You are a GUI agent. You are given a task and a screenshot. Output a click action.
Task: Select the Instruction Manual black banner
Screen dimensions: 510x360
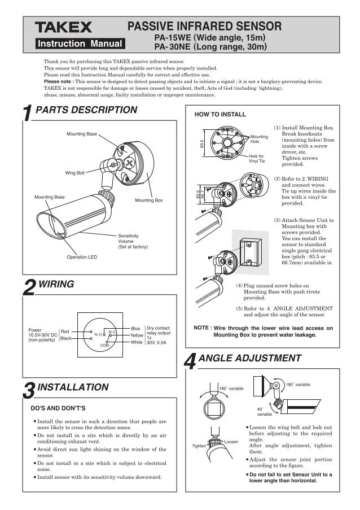click(x=79, y=43)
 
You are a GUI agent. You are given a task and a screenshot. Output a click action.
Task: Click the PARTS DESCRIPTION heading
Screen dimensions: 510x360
click(x=86, y=110)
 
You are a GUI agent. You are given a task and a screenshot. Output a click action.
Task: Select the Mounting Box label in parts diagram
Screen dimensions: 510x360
click(x=148, y=200)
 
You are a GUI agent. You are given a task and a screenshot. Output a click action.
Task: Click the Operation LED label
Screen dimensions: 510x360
click(x=82, y=257)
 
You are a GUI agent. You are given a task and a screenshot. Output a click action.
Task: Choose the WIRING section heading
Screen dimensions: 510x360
click(x=56, y=284)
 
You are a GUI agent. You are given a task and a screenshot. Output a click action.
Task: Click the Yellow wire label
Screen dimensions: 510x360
click(x=137, y=335)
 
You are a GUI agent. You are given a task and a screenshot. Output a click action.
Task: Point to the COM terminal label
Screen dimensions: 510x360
click(x=104, y=345)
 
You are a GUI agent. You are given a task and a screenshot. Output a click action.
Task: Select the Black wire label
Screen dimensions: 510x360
click(x=65, y=338)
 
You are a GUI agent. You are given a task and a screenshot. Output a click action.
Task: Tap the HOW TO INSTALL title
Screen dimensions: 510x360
click(x=220, y=114)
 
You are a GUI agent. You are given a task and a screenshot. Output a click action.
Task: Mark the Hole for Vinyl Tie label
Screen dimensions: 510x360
click(x=257, y=158)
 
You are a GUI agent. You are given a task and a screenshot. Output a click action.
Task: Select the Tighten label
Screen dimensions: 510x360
click(x=199, y=446)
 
